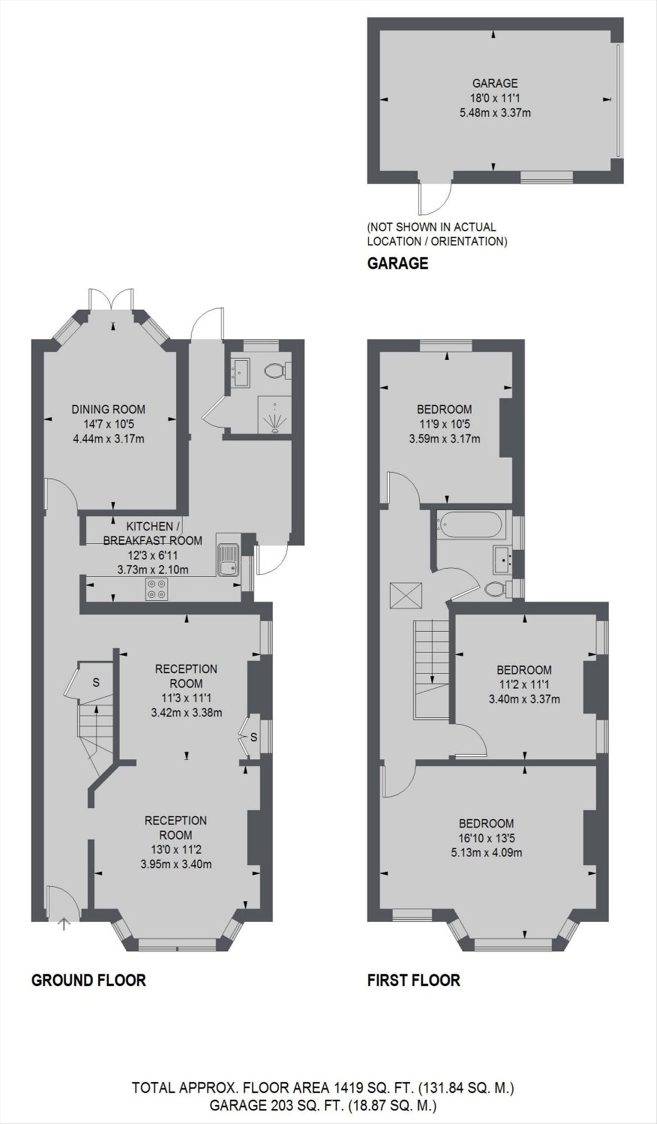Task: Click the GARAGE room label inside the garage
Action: [495, 84]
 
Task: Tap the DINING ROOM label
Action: [108, 409]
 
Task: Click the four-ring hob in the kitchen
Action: [156, 588]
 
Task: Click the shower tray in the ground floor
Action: [274, 414]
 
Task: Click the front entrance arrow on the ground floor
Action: [64, 923]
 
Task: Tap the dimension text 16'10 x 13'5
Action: [487, 838]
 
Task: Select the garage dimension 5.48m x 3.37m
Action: [495, 112]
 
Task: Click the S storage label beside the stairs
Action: [96, 683]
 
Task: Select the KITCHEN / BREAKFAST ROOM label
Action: [152, 534]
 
